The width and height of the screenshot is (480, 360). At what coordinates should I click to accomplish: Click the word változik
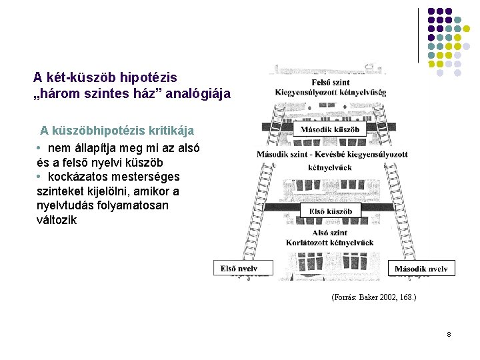click(57, 220)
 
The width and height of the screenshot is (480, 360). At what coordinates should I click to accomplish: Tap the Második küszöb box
click(330, 129)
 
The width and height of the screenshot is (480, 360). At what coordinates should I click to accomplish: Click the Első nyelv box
click(239, 269)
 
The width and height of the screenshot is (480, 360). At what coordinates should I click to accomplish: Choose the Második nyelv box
click(421, 269)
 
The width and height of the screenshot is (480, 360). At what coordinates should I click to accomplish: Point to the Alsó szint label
click(329, 233)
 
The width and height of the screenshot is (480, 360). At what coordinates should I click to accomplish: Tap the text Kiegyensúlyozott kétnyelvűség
click(330, 92)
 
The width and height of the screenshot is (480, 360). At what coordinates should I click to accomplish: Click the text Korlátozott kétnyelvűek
click(330, 243)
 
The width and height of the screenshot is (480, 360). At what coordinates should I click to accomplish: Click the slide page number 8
click(449, 333)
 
